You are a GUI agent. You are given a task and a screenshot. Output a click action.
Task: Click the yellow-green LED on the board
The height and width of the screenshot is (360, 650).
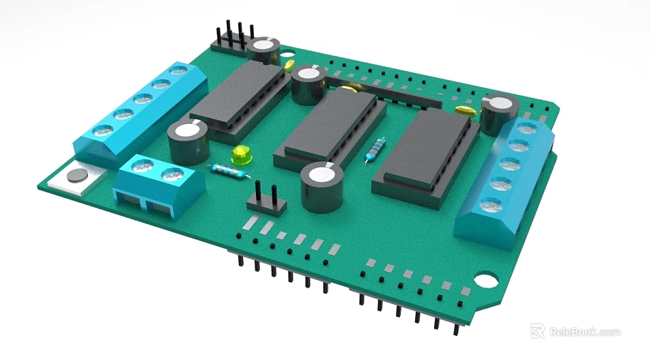[240, 156]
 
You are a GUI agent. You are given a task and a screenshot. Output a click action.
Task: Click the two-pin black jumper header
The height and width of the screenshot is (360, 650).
[265, 200]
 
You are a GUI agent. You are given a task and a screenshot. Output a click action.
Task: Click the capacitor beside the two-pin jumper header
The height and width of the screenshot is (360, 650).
[320, 187]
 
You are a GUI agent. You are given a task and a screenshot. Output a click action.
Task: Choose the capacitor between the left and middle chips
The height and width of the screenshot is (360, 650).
[308, 84]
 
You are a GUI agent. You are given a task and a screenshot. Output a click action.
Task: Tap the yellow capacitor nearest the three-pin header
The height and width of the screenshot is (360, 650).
[288, 66]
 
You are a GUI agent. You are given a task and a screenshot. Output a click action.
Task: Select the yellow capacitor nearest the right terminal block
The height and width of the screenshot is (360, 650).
[465, 109]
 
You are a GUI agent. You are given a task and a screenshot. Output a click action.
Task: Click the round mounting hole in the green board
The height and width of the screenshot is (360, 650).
[485, 279]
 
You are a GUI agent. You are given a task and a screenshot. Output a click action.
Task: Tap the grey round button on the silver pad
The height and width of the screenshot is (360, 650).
[79, 176]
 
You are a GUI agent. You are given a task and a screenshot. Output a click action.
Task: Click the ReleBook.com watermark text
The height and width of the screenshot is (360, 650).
[584, 332]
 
